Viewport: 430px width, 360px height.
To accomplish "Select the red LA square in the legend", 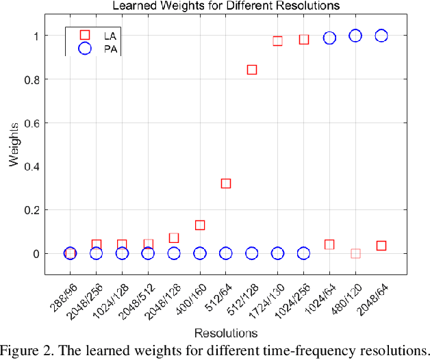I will tap(86, 34).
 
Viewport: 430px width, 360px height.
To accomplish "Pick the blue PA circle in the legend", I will tap(86, 48).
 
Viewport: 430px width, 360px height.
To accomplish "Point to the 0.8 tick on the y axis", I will tap(47, 79).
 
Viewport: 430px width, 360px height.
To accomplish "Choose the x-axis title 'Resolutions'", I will tap(225, 333).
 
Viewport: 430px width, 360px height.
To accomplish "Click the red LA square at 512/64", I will tap(226, 183).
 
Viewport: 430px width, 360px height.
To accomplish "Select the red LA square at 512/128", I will tap(252, 70).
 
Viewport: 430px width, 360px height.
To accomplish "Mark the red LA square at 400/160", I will tap(200, 225).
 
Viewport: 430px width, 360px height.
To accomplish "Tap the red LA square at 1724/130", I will tap(278, 41).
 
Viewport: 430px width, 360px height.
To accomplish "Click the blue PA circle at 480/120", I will tap(355, 36).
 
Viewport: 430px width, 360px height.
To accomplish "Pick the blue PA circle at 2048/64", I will tap(381, 36).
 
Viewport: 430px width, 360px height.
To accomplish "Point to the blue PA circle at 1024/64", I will tap(329, 38).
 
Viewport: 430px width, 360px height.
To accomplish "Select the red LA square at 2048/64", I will tap(381, 246).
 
